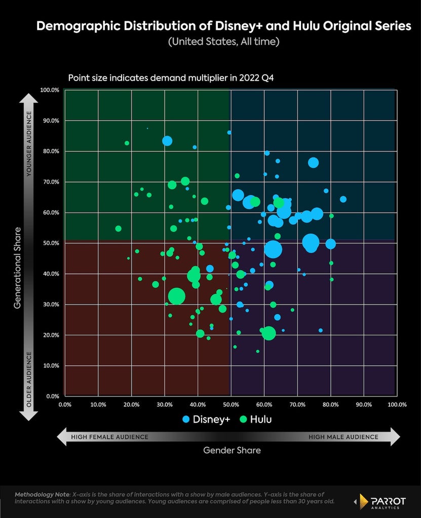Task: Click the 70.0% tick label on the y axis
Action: [51, 182]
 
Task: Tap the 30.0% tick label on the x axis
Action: [165, 405]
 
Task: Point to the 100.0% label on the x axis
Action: [397, 405]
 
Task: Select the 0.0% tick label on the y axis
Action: [53, 396]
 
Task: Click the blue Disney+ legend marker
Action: [186, 419]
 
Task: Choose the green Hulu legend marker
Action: [243, 419]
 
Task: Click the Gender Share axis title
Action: [232, 450]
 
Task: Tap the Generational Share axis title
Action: [17, 268]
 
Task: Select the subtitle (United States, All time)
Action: [224, 41]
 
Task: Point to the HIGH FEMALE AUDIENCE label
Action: [109, 437]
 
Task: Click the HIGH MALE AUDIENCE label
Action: [343, 437]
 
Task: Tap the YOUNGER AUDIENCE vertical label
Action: [29, 144]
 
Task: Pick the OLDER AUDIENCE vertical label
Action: [29, 379]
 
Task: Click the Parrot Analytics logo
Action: [379, 501]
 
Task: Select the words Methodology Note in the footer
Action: [42, 495]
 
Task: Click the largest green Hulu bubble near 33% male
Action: [176, 296]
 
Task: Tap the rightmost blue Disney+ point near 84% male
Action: [343, 199]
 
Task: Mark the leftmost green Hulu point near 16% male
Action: [118, 229]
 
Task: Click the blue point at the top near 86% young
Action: [229, 133]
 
